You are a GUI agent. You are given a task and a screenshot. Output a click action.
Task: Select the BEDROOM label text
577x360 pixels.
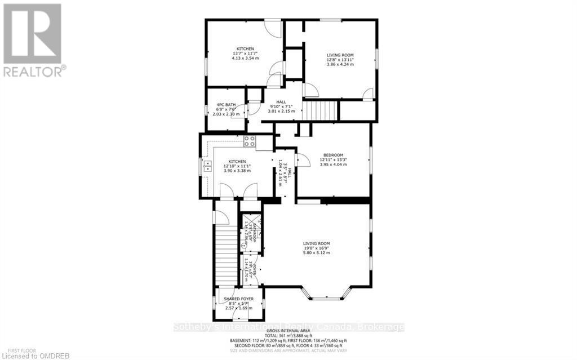333,155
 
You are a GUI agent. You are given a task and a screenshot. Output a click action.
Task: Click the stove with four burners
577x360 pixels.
250,142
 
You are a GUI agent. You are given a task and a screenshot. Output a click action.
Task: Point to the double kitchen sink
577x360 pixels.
207,166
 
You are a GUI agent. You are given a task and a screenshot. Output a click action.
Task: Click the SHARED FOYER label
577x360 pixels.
238,299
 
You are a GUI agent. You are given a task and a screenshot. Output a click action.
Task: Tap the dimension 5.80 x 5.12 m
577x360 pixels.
316,253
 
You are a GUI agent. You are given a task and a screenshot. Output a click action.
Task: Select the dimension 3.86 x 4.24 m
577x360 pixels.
340,64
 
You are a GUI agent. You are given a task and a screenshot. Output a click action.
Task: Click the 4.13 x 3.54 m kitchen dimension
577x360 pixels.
245,58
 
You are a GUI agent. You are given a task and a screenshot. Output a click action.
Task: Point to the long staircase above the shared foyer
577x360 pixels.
226,254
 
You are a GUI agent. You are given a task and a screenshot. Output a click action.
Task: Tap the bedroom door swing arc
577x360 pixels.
303,160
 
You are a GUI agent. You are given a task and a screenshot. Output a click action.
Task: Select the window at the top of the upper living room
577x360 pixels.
331,21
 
